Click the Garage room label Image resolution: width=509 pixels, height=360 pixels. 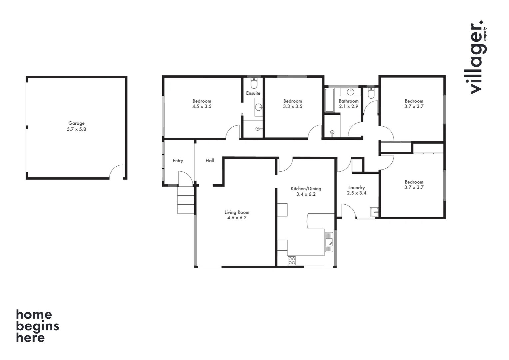pos(76,123)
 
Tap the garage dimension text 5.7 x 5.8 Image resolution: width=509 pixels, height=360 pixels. pos(76,129)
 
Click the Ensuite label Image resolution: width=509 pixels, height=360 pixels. pos(253,93)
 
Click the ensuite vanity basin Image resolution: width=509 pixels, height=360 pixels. pos(259,107)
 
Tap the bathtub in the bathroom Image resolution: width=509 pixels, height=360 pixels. pos(329,100)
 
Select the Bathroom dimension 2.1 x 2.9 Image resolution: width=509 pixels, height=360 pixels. pos(348,106)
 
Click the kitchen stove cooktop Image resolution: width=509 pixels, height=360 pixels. pos(292,261)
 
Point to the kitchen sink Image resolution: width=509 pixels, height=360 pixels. pos(329,242)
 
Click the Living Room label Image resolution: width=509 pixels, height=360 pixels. pos(237,212)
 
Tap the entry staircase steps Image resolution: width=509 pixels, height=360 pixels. pos(186,200)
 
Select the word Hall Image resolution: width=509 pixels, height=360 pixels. pos(210,161)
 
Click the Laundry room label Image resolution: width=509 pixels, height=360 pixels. pos(356,188)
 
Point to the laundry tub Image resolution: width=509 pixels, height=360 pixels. pos(374,212)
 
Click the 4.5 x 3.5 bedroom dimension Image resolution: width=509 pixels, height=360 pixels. pos(202,106)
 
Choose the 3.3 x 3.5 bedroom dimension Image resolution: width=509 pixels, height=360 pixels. pos(292,106)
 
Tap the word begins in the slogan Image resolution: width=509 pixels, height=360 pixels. pos(37,326)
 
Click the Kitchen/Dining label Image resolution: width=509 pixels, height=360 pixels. pos(306,189)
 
